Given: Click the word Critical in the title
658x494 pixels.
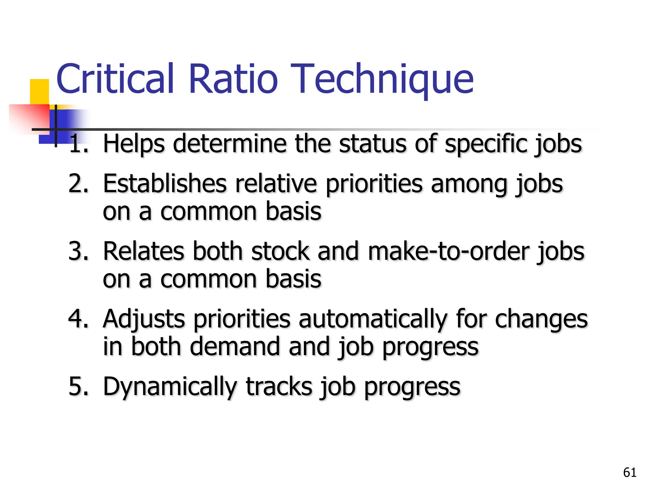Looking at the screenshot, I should point(115,79).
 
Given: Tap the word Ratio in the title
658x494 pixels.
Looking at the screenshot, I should point(233,79).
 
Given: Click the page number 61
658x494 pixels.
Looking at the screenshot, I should point(629,472).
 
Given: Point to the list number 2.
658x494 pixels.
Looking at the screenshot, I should point(78,184).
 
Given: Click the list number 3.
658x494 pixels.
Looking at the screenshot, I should point(78,251).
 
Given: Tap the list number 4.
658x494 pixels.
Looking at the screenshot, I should point(78,319).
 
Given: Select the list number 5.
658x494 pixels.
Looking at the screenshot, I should point(78,386).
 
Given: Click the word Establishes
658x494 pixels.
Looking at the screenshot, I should point(164,184).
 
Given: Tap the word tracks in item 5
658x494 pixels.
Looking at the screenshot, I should point(279,386).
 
